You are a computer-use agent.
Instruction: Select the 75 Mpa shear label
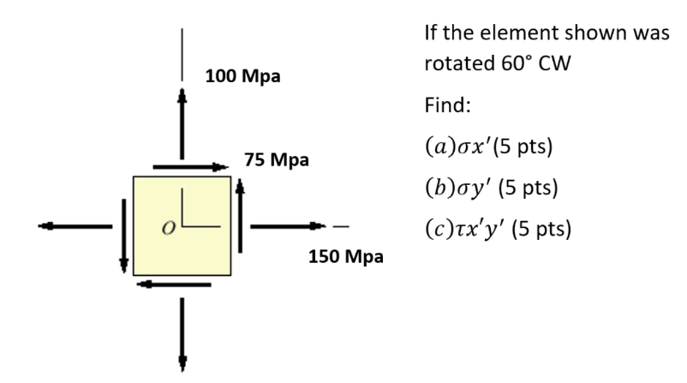point(276,159)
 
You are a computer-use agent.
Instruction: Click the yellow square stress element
point(182,225)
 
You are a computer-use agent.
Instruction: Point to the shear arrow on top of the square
point(190,167)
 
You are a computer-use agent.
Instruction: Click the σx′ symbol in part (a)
point(481,147)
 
